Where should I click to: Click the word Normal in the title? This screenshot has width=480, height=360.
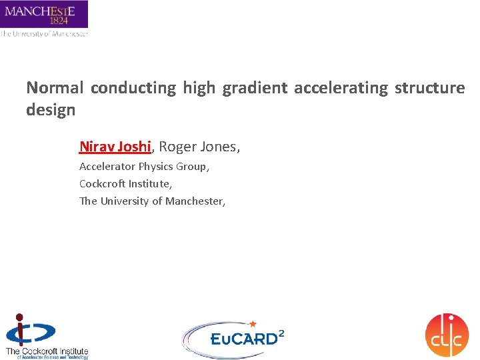click(55, 88)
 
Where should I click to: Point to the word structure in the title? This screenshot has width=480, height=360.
click(430, 88)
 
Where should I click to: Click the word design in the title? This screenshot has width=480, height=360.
click(51, 110)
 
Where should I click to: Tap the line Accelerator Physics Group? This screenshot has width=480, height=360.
click(144, 167)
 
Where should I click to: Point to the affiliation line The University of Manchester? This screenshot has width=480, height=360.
click(152, 201)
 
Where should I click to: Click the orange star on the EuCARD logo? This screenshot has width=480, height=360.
click(252, 323)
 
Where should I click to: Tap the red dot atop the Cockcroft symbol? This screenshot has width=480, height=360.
click(20, 317)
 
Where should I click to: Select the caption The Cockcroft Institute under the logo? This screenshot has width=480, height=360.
click(47, 351)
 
